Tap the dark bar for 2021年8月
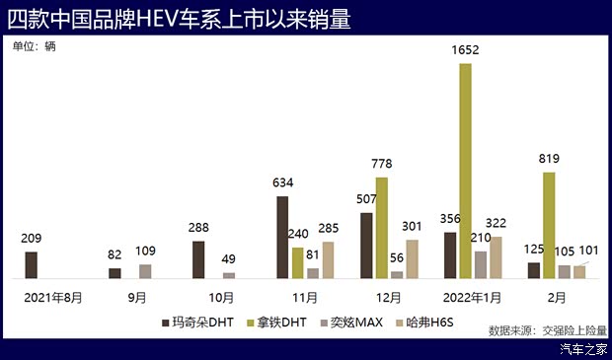pyautogui.click(x=31, y=265)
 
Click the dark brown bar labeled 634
pyautogui.click(x=282, y=238)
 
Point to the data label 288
pyautogui.click(x=199, y=227)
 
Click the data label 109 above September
pyautogui.click(x=145, y=251)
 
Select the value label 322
pyautogui.click(x=496, y=223)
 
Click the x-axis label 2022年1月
pyautogui.click(x=473, y=296)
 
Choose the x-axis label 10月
pyautogui.click(x=220, y=296)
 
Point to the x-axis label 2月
pyautogui.click(x=557, y=296)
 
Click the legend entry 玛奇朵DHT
pyautogui.click(x=198, y=322)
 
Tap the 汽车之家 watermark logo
pyautogui.click(x=581, y=349)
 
